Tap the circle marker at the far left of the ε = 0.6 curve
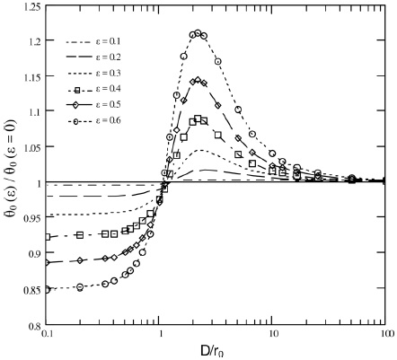tap(49, 289)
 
